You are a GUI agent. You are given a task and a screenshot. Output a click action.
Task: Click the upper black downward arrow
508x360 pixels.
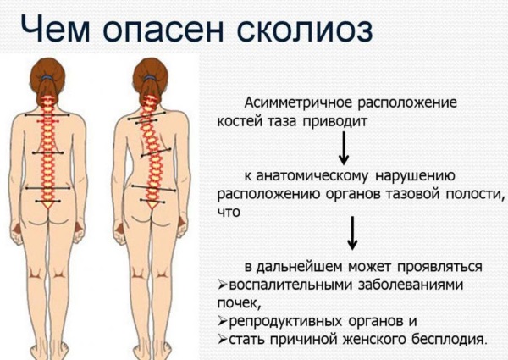345,150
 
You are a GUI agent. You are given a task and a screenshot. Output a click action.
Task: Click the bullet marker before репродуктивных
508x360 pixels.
223,322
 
